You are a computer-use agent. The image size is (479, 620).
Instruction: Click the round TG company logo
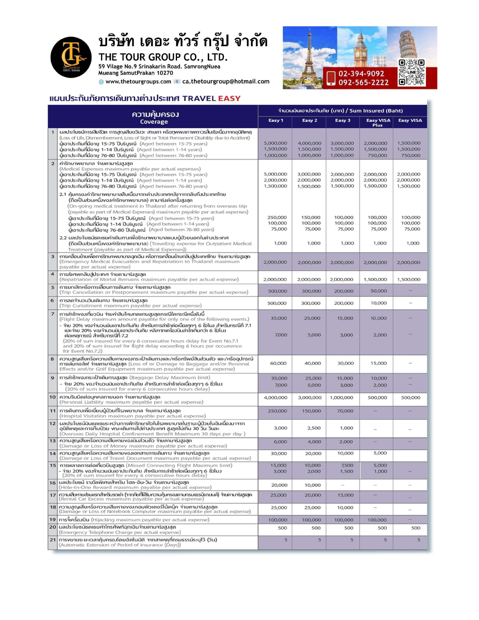pyautogui.click(x=71, y=57)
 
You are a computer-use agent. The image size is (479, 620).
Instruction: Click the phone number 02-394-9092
pyautogui.click(x=361, y=74)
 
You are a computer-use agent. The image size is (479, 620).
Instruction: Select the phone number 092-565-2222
pyautogui.click(x=363, y=82)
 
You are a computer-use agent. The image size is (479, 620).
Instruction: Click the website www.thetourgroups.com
pyautogui.click(x=138, y=82)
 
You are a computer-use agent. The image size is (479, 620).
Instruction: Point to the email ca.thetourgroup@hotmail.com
pyautogui.click(x=226, y=82)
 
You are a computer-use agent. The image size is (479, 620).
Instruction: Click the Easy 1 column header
pyautogui.click(x=275, y=121)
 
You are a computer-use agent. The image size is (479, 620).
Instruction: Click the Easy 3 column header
pyautogui.click(x=343, y=121)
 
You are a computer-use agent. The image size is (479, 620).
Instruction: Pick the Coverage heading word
pyautogui.click(x=154, y=122)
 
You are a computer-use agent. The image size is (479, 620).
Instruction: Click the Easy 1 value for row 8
pyautogui.click(x=278, y=363)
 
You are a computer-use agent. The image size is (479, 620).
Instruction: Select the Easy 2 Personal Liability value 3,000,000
pyautogui.click(x=310, y=398)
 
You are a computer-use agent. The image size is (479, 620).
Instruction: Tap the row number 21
pyautogui.click(x=53, y=540)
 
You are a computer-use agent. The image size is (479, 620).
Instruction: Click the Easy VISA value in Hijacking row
pyautogui.click(x=410, y=520)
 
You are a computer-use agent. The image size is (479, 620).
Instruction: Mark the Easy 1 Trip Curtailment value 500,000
pyautogui.click(x=277, y=303)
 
